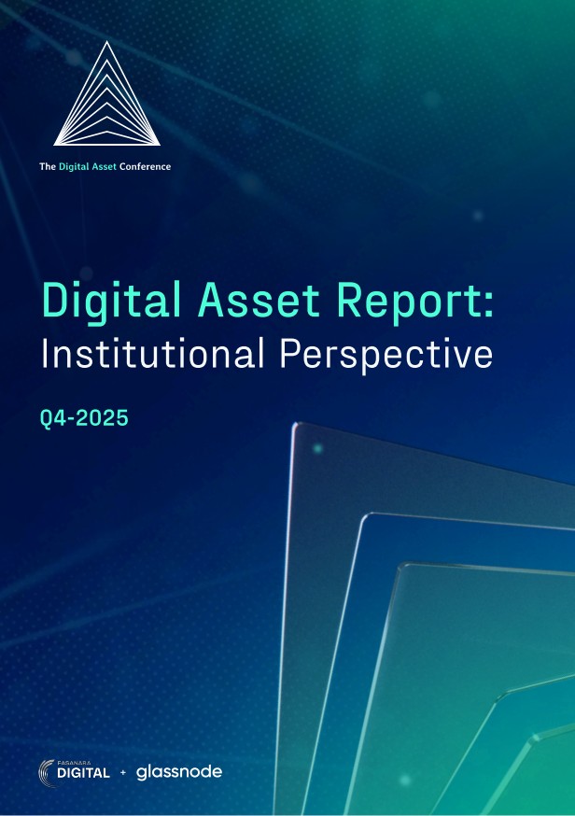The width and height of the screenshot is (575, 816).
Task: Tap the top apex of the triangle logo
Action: pyautogui.click(x=106, y=43)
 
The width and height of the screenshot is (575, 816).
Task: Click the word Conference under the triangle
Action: pyautogui.click(x=145, y=167)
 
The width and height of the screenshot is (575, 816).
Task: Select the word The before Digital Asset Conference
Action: pyautogui.click(x=47, y=167)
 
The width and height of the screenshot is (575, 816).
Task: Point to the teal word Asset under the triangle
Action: pyautogui.click(x=103, y=167)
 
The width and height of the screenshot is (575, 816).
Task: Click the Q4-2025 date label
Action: pyautogui.click(x=84, y=418)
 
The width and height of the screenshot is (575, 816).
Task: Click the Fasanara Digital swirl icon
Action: pyautogui.click(x=49, y=771)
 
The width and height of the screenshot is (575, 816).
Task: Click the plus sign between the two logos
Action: pyautogui.click(x=123, y=773)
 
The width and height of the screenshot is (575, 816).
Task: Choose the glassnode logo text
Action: pyautogui.click(x=179, y=772)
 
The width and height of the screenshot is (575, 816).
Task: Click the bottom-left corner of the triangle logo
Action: pyautogui.click(x=55, y=144)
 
